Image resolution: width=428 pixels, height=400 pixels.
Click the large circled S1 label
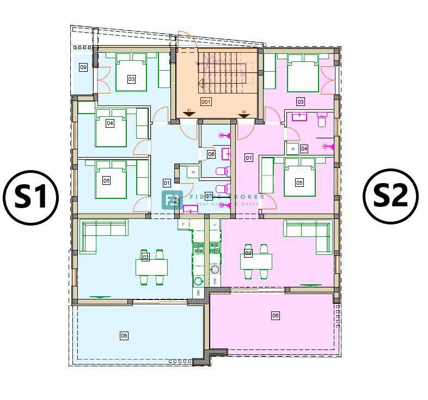[x=31, y=196]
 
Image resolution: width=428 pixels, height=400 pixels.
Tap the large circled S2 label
[x=390, y=195]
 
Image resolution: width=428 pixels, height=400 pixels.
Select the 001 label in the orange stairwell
[x=206, y=102]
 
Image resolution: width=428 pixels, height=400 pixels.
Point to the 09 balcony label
[x=83, y=67]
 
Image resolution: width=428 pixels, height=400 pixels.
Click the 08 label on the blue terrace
[x=124, y=336]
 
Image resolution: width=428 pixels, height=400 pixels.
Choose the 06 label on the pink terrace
[x=276, y=315]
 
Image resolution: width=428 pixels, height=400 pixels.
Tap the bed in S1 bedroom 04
[x=111, y=128]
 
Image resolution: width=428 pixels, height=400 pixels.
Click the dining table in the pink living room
[x=256, y=261]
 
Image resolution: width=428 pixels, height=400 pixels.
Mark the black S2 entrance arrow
[x=244, y=114]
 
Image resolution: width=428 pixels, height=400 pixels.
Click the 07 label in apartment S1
[x=209, y=196]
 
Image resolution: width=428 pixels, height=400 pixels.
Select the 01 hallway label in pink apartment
[x=249, y=158]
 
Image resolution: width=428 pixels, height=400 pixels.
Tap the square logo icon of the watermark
[x=172, y=200]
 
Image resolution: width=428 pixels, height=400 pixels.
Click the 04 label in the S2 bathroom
[x=304, y=148]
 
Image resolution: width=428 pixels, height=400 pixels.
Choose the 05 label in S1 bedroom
[x=106, y=180]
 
